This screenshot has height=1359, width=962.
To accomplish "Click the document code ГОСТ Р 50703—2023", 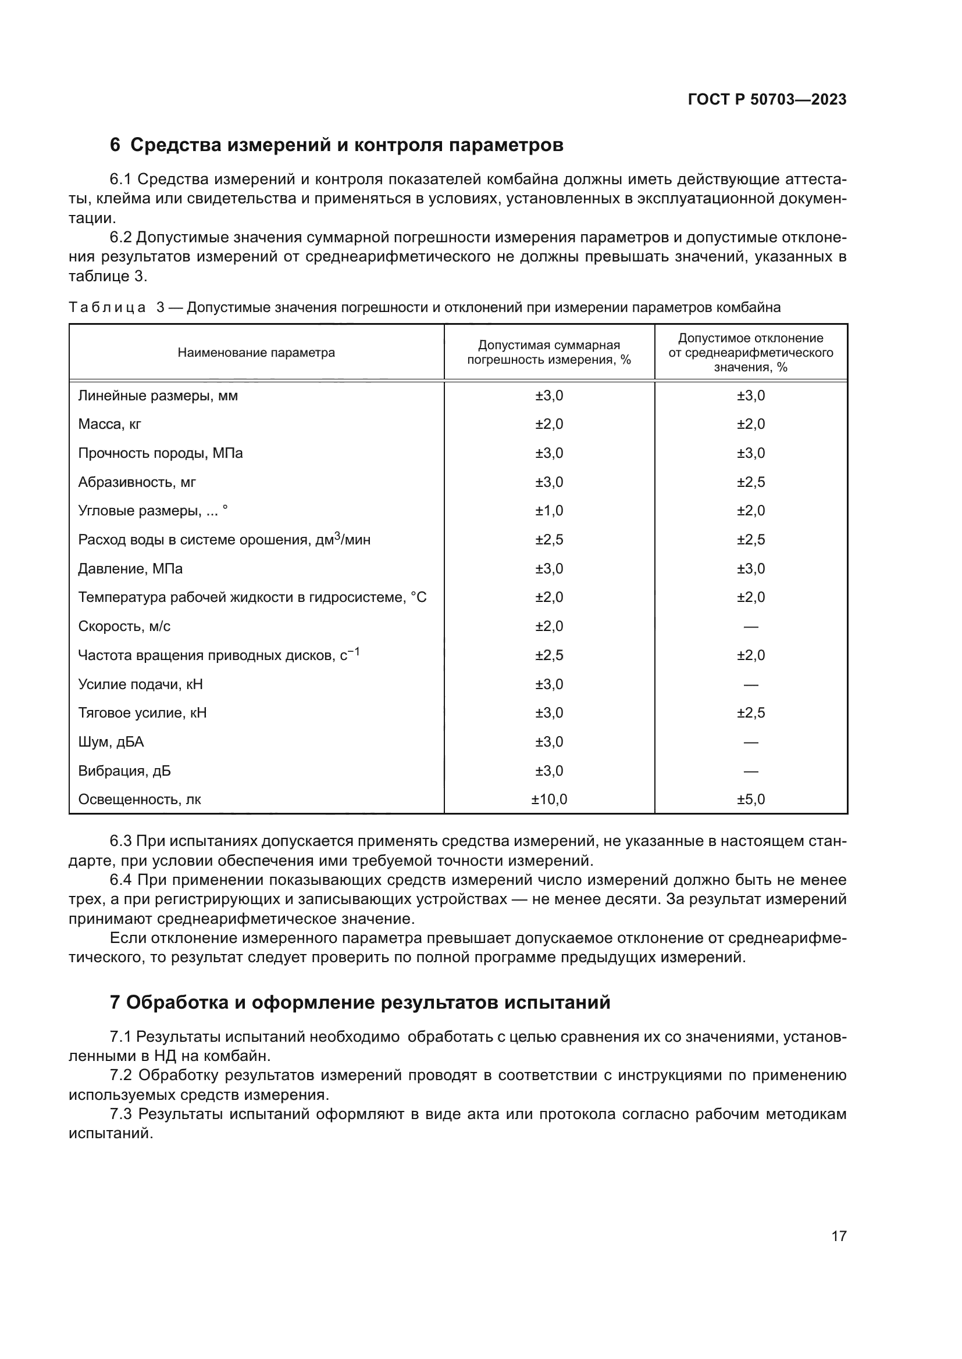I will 767,99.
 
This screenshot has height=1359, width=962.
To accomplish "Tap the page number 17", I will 839,1236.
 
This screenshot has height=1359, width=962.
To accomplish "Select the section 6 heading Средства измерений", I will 336,145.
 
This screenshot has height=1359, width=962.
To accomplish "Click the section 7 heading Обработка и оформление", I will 360,1002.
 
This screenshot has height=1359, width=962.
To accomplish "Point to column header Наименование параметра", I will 256,353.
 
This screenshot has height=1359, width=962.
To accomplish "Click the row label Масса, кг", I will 109,424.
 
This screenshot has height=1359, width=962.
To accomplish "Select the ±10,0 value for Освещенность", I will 548,799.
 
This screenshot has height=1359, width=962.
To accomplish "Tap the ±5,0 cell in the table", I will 750,799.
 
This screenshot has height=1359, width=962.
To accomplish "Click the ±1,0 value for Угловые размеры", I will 548,511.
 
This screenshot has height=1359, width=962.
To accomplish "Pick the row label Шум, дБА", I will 111,742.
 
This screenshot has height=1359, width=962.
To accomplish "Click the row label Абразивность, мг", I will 137,482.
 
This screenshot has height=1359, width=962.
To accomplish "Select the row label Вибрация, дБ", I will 124,771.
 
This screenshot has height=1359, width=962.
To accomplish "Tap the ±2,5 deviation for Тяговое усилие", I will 750,713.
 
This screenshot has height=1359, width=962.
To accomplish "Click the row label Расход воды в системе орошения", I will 224,540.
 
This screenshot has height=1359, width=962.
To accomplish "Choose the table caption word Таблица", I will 106,308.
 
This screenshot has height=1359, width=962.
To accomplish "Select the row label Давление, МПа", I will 130,569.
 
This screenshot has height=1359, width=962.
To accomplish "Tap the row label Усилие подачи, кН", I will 140,685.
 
